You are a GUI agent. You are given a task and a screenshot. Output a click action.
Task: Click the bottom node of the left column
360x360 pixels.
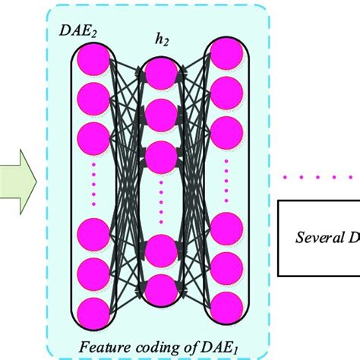tap(94, 312)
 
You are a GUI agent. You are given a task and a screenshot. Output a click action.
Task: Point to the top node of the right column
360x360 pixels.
tap(226, 54)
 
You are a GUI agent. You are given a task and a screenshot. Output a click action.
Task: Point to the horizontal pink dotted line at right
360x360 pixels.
tap(319, 179)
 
